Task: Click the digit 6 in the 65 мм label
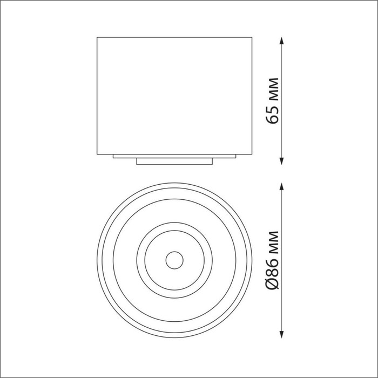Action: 272,119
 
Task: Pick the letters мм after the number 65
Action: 274,89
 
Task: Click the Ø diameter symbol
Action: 272,283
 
